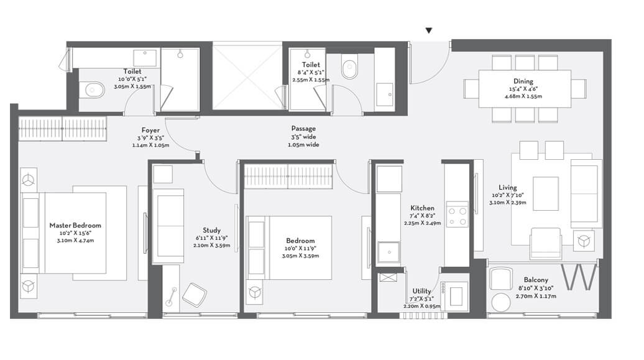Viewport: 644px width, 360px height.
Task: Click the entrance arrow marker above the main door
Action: tap(428, 30)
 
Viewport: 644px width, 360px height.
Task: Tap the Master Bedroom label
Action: tap(75, 226)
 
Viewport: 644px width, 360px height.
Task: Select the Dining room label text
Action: tap(523, 81)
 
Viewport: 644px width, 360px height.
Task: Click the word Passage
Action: tap(303, 129)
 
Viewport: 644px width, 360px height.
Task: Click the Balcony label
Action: tap(535, 280)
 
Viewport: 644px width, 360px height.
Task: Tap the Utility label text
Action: tap(422, 291)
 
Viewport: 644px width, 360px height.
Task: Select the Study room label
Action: tap(211, 229)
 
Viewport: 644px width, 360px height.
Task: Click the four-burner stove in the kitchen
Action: tap(458, 216)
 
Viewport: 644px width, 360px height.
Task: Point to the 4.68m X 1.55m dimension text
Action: tap(523, 96)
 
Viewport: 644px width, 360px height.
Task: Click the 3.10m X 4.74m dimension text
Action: tap(75, 241)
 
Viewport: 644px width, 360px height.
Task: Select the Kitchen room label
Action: tap(422, 208)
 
